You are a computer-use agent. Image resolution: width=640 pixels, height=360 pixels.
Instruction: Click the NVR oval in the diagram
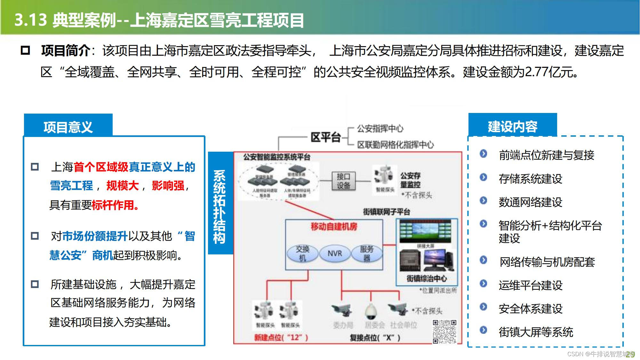[335, 253]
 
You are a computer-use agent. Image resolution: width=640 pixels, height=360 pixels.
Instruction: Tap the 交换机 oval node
[302, 253]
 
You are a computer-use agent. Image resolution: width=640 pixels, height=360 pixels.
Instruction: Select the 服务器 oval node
[367, 253]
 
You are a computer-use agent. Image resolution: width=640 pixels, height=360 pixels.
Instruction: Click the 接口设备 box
[343, 181]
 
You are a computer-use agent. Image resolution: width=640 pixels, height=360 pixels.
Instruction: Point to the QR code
[444, 332]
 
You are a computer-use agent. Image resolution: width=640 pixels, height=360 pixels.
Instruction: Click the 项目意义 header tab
[68, 127]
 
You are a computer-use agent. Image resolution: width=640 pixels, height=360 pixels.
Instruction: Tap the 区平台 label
[325, 137]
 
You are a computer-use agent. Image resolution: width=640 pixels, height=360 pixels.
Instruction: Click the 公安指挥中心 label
[380, 129]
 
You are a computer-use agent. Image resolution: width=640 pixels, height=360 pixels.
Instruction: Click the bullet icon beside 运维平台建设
[484, 284]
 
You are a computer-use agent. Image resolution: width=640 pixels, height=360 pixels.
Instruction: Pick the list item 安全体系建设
[530, 309]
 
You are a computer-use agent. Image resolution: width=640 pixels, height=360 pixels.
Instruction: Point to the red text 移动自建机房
[334, 227]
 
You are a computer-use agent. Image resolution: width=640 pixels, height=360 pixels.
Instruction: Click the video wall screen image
[425, 231]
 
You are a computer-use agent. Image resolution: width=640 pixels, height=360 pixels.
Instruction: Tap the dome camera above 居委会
[371, 310]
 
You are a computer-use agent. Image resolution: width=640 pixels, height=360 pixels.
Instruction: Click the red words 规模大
[123, 186]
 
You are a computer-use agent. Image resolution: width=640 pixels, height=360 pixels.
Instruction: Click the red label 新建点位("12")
[281, 338]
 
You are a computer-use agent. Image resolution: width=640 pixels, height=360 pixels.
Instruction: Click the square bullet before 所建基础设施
[35, 284]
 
